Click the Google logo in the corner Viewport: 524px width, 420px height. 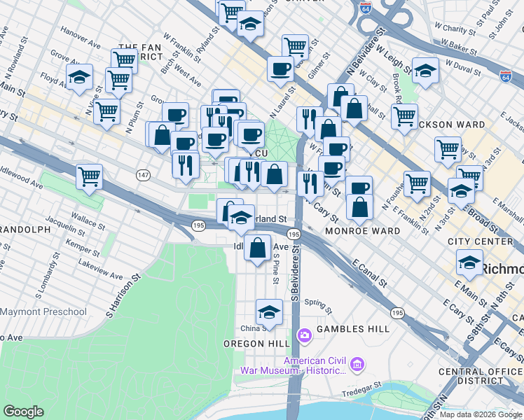[x=24, y=412]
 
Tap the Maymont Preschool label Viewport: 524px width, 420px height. [x=43, y=311]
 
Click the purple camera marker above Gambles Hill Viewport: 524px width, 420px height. [x=305, y=335]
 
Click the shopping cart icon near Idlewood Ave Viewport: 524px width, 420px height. [x=90, y=177]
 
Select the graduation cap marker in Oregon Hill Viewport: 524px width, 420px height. [x=269, y=312]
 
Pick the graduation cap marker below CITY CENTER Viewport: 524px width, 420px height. [x=469, y=263]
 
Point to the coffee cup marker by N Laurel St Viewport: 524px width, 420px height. [x=281, y=69]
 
